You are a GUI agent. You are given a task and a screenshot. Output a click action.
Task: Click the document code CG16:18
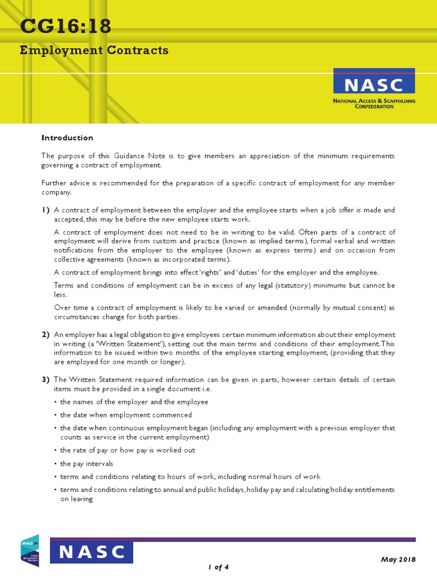(x=66, y=26)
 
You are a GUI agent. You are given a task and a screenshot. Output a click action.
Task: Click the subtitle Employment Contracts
(x=94, y=50)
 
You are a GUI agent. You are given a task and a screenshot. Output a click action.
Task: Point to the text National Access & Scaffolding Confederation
(x=374, y=104)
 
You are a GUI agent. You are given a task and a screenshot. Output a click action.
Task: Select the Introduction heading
(x=67, y=138)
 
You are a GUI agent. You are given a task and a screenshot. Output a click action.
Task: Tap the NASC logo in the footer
(x=92, y=552)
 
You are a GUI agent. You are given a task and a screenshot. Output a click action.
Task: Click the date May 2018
(x=398, y=559)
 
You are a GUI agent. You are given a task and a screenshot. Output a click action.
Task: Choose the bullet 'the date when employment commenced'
(x=126, y=414)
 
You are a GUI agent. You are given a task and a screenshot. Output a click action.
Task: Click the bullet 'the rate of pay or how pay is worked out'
(x=127, y=450)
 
